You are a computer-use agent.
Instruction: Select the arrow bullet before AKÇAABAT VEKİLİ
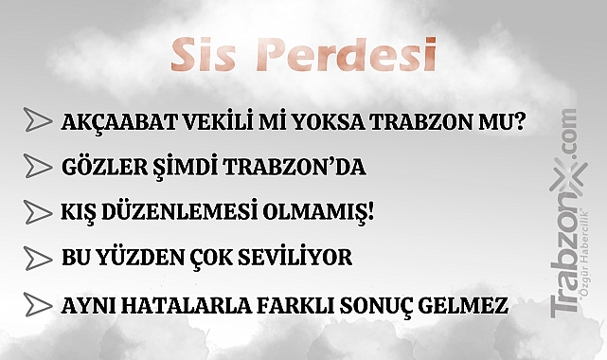coord(38,121)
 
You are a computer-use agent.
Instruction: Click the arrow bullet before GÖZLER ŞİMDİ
coord(38,167)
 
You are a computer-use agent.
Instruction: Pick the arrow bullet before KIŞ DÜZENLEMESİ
coord(38,211)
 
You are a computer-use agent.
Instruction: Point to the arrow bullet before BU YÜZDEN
coord(38,257)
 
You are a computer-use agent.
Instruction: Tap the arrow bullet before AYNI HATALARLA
coord(38,305)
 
